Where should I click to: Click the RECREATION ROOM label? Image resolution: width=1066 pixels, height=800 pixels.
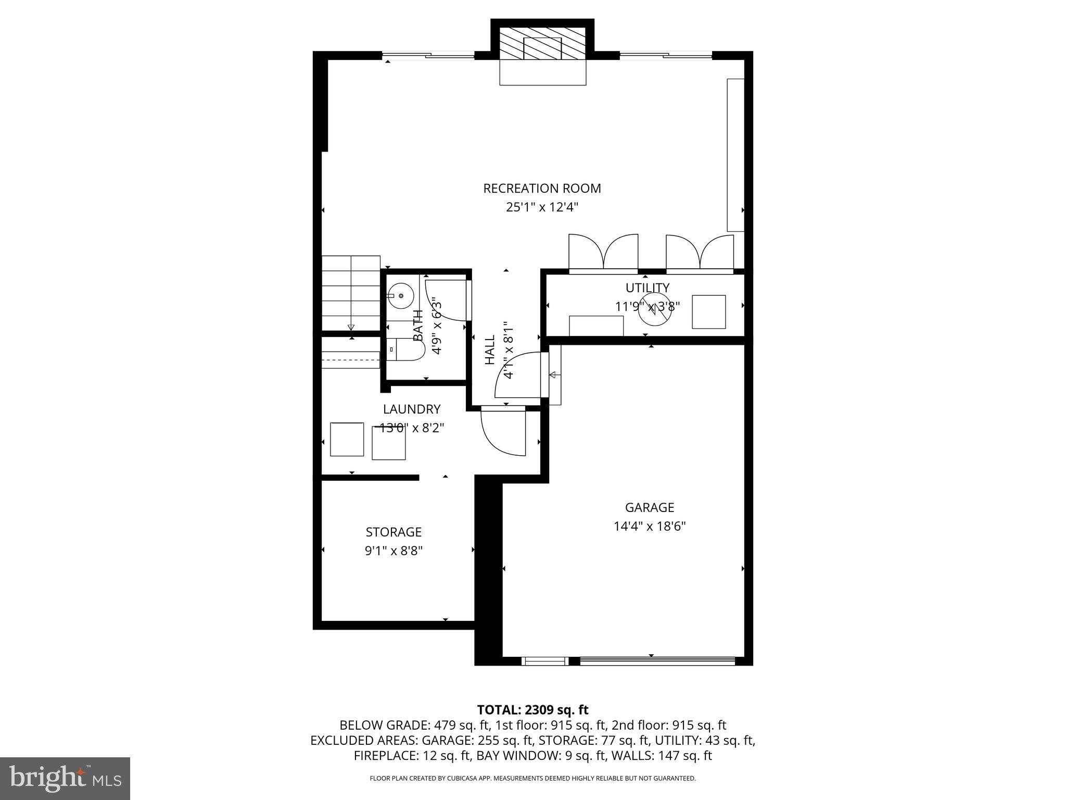tap(542, 189)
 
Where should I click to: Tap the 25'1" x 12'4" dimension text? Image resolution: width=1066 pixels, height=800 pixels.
tap(542, 207)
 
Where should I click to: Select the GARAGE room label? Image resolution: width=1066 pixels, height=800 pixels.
tap(649, 507)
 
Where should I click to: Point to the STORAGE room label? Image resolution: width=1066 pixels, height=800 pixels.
tap(394, 532)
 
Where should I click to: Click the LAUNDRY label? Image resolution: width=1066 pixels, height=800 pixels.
tap(412, 409)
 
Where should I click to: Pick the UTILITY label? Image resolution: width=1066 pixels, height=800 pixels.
tap(647, 288)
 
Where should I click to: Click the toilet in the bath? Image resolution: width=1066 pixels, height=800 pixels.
tap(405, 349)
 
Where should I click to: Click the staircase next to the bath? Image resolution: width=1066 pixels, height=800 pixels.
tap(351, 293)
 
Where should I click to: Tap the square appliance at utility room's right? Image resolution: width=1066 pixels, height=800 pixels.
tap(708, 312)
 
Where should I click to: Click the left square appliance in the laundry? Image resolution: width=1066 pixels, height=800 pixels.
tap(347, 439)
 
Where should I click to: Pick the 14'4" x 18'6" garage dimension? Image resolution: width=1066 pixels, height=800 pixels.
tap(649, 526)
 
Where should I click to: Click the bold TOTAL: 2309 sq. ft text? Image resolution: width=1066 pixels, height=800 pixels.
tap(532, 709)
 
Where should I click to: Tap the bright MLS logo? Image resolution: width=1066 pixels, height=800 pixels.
tap(65, 778)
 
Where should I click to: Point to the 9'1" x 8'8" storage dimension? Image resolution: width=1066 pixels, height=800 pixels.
tap(394, 551)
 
